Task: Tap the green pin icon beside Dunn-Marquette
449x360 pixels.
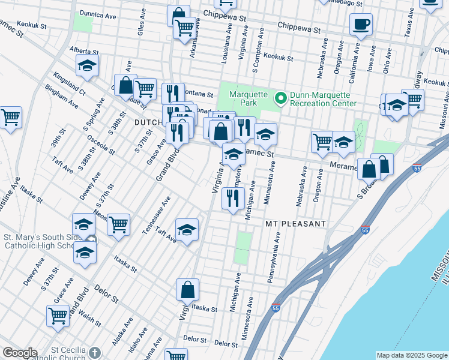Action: tap(280, 97)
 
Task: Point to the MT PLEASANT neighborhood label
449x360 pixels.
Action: tap(296, 224)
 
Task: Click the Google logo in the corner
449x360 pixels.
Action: tap(20, 353)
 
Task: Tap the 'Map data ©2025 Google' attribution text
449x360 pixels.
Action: tap(412, 355)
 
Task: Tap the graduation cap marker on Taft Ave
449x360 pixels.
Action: tap(187, 230)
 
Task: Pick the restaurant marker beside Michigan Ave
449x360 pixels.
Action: tap(233, 198)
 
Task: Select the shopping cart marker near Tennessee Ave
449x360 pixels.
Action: tap(119, 224)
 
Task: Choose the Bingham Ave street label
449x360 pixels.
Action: tap(61, 97)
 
